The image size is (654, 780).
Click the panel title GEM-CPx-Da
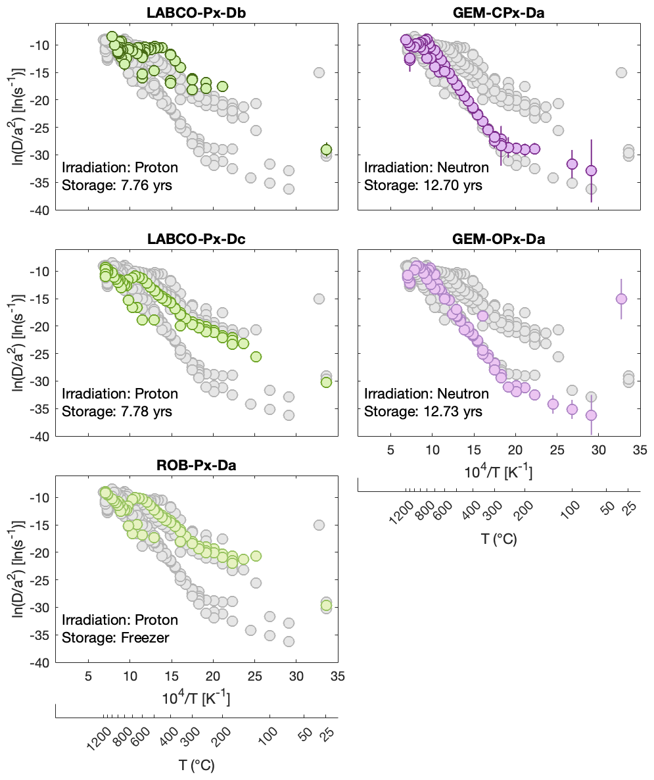498,12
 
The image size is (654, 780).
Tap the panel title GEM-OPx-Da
498,239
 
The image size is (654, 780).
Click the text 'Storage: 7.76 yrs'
117,185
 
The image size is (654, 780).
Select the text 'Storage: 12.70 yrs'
422,185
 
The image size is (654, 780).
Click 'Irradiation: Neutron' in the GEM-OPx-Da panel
426,394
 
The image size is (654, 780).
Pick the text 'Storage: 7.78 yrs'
117,412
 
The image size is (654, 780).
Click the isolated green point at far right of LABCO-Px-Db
326,149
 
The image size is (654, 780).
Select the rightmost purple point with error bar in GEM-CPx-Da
591,170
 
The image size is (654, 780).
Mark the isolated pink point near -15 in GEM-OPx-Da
621,299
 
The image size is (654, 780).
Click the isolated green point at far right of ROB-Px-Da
326,605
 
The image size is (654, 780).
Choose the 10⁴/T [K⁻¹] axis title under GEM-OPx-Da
498,472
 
